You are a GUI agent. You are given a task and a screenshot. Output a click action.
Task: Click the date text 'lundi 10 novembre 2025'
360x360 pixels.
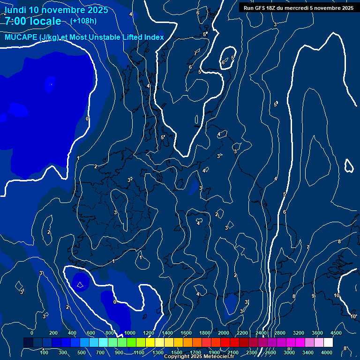click(x=56, y=10)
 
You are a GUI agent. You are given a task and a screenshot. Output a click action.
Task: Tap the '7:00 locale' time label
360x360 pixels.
click(x=33, y=21)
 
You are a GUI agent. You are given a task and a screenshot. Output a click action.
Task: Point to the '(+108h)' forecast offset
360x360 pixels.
click(x=83, y=21)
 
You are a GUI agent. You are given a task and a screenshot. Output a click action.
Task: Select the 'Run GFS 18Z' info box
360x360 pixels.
click(x=298, y=7)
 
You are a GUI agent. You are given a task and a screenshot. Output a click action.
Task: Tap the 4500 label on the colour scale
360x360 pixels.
click(x=335, y=333)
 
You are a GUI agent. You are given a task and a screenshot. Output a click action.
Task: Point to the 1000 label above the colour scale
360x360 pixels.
click(x=130, y=333)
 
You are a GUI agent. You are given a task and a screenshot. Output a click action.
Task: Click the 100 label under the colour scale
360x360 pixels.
click(x=44, y=352)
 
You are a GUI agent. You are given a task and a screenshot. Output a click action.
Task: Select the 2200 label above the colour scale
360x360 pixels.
click(x=242, y=333)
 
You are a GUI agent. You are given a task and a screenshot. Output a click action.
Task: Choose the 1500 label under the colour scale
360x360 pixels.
click(x=177, y=352)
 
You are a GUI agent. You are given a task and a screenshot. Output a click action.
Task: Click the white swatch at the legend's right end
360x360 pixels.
click(x=328, y=343)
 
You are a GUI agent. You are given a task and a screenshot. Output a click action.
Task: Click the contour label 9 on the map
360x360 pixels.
click(x=313, y=296)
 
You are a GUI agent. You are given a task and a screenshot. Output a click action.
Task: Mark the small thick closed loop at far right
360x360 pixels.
click(x=349, y=165)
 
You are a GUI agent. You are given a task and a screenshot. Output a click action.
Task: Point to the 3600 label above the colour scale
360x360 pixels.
click(x=317, y=333)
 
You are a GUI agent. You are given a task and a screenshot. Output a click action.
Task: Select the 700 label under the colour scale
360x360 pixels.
click(x=101, y=352)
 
